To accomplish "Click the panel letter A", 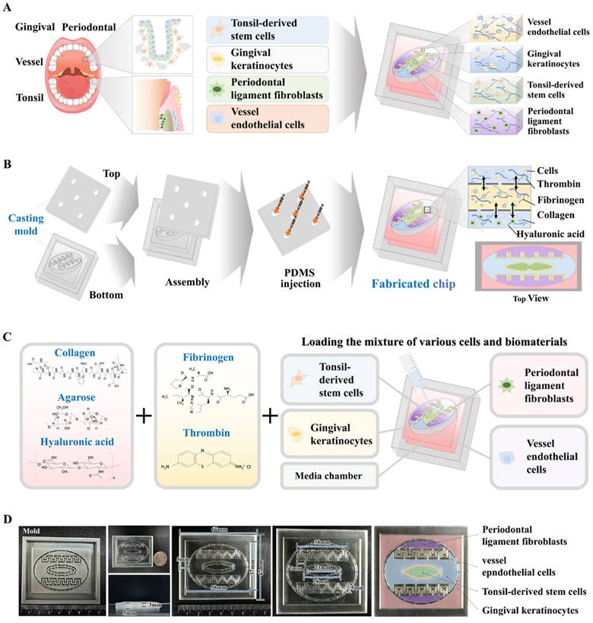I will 8,7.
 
